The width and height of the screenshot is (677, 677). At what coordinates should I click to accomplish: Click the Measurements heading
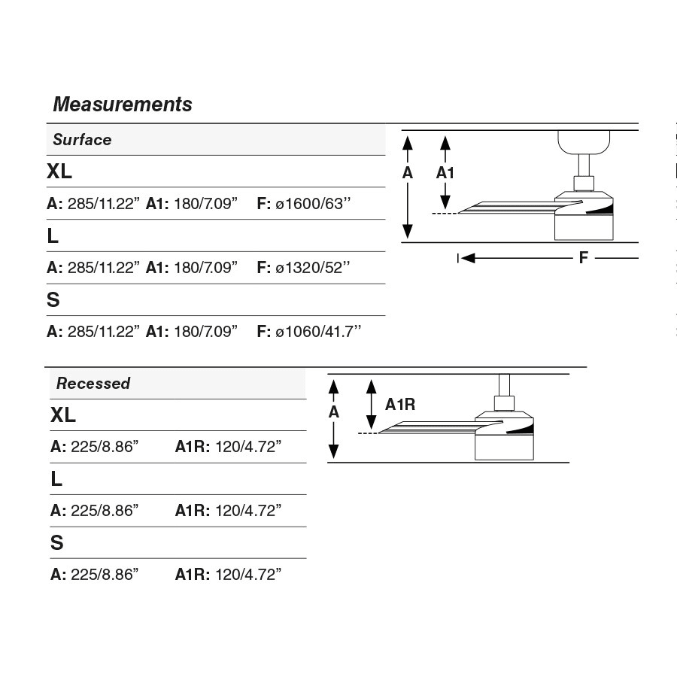pos(123,104)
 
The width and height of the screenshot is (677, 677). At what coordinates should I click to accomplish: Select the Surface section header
pos(82,140)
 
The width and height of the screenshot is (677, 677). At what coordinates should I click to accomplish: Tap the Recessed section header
pos(93,384)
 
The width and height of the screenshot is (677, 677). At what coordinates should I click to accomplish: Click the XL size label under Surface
pos(59,172)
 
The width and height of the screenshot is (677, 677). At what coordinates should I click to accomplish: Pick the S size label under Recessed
pos(57,543)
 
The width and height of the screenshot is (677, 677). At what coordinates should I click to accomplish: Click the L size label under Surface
pos(53,236)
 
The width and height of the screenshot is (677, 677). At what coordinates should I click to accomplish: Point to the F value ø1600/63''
pos(312,204)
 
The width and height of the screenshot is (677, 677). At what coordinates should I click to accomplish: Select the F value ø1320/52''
pos(312,268)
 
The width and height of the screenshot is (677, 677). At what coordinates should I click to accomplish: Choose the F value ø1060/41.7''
pos(317,332)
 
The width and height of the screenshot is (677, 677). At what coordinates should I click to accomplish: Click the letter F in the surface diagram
pos(584,258)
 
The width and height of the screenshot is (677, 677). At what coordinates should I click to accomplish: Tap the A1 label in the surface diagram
pos(446,173)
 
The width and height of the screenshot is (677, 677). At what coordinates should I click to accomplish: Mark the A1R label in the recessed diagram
pos(400,405)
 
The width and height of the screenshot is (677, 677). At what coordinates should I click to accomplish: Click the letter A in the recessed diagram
pos(334,412)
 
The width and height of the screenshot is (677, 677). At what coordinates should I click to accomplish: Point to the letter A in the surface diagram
pos(408,173)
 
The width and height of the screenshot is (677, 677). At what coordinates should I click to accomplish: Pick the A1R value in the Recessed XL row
pos(248,447)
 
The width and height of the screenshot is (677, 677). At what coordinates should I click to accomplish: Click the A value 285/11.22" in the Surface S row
pos(104,332)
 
